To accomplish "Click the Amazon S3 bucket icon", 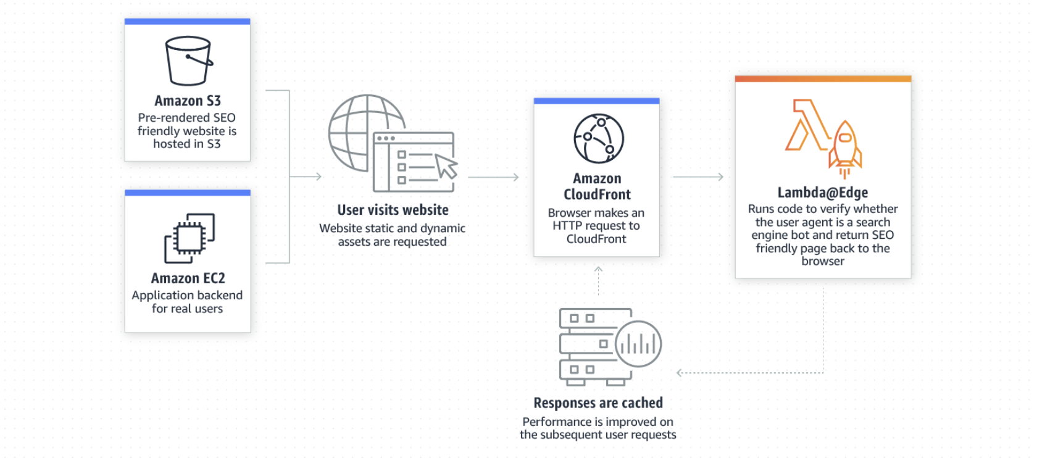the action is click(188, 60).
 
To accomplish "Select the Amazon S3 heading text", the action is click(188, 101).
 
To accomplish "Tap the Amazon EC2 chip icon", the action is click(189, 238).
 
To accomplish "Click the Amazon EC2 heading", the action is click(188, 278).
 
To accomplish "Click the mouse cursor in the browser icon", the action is click(446, 165).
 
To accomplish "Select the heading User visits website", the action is click(393, 210).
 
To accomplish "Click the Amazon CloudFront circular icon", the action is click(598, 138).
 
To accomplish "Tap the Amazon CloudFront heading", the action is click(597, 186).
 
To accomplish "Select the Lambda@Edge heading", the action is click(822, 193).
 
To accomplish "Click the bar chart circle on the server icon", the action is click(638, 344).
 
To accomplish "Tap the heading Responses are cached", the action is click(598, 403).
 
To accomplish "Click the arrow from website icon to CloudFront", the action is click(493, 177).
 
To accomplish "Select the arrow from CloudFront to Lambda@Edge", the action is click(698, 177).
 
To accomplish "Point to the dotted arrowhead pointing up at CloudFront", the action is click(598, 270).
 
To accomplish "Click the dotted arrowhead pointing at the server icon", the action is click(680, 373).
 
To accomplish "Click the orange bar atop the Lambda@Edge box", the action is click(823, 79).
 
